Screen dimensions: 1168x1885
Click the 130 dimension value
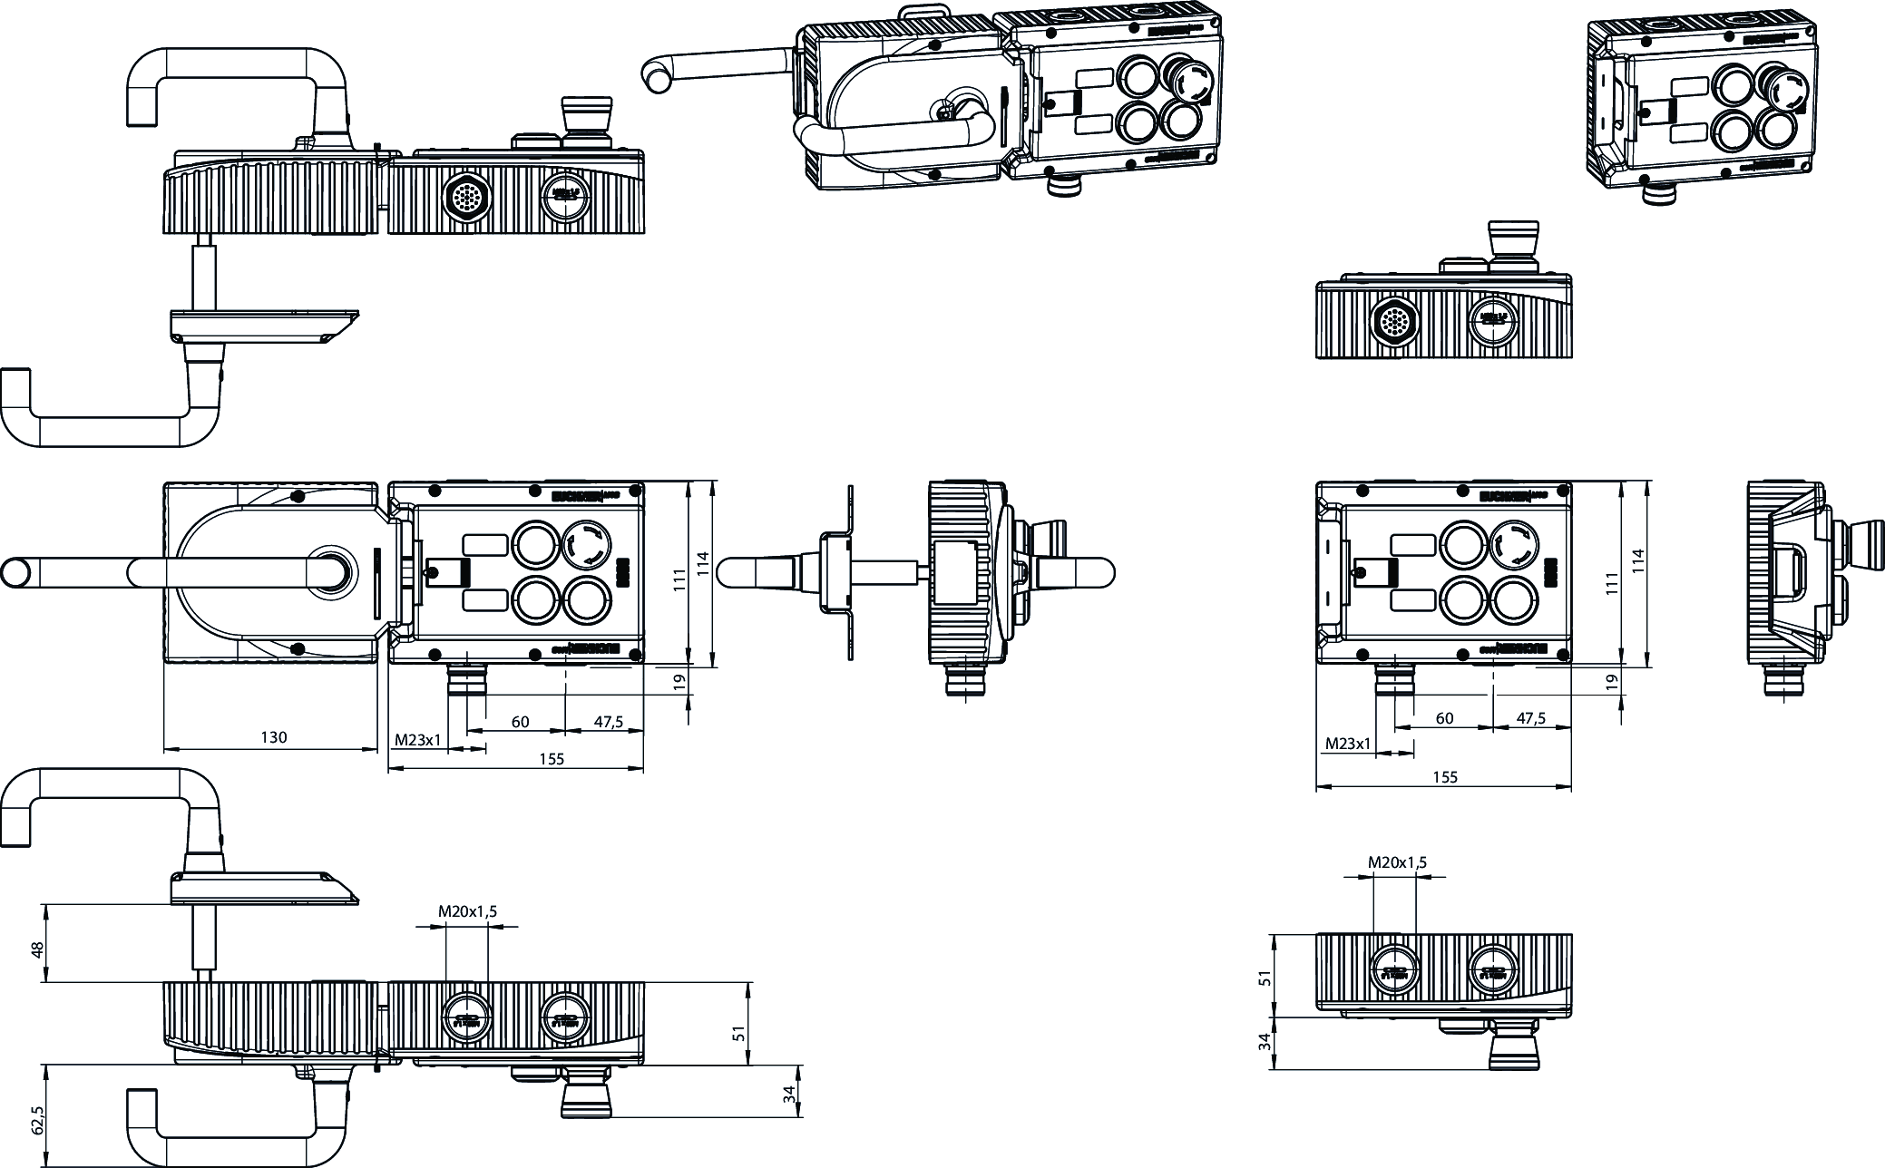273,737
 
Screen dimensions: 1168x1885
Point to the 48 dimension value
37,949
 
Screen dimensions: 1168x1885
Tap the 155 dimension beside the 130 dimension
551,759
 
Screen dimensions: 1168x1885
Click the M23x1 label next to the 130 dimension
417,739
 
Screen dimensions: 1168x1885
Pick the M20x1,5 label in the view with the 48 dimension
467,911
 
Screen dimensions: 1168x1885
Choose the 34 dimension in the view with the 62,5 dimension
790,1095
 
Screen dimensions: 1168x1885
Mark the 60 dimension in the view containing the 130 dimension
520,722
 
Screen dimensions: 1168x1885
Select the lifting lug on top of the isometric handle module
923,14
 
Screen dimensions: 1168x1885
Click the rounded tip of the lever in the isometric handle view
652,73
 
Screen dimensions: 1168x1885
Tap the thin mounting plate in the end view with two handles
850,572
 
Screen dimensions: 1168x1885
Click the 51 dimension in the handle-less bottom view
1266,977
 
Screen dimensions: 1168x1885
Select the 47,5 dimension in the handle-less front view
1530,718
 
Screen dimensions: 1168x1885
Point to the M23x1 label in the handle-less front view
1348,744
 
